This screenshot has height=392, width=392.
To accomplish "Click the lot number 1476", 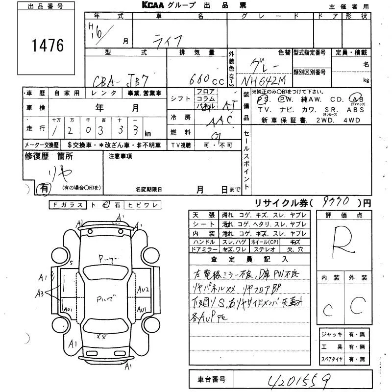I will click(48, 46).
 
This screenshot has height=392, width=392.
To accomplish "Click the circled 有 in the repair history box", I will click(44, 187).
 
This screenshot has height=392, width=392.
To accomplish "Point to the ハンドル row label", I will click(204, 242).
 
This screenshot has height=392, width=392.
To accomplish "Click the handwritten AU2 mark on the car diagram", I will click(143, 289).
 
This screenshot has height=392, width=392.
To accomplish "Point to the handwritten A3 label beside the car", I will click(40, 294).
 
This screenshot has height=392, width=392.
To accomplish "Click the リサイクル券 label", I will click(277, 203).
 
